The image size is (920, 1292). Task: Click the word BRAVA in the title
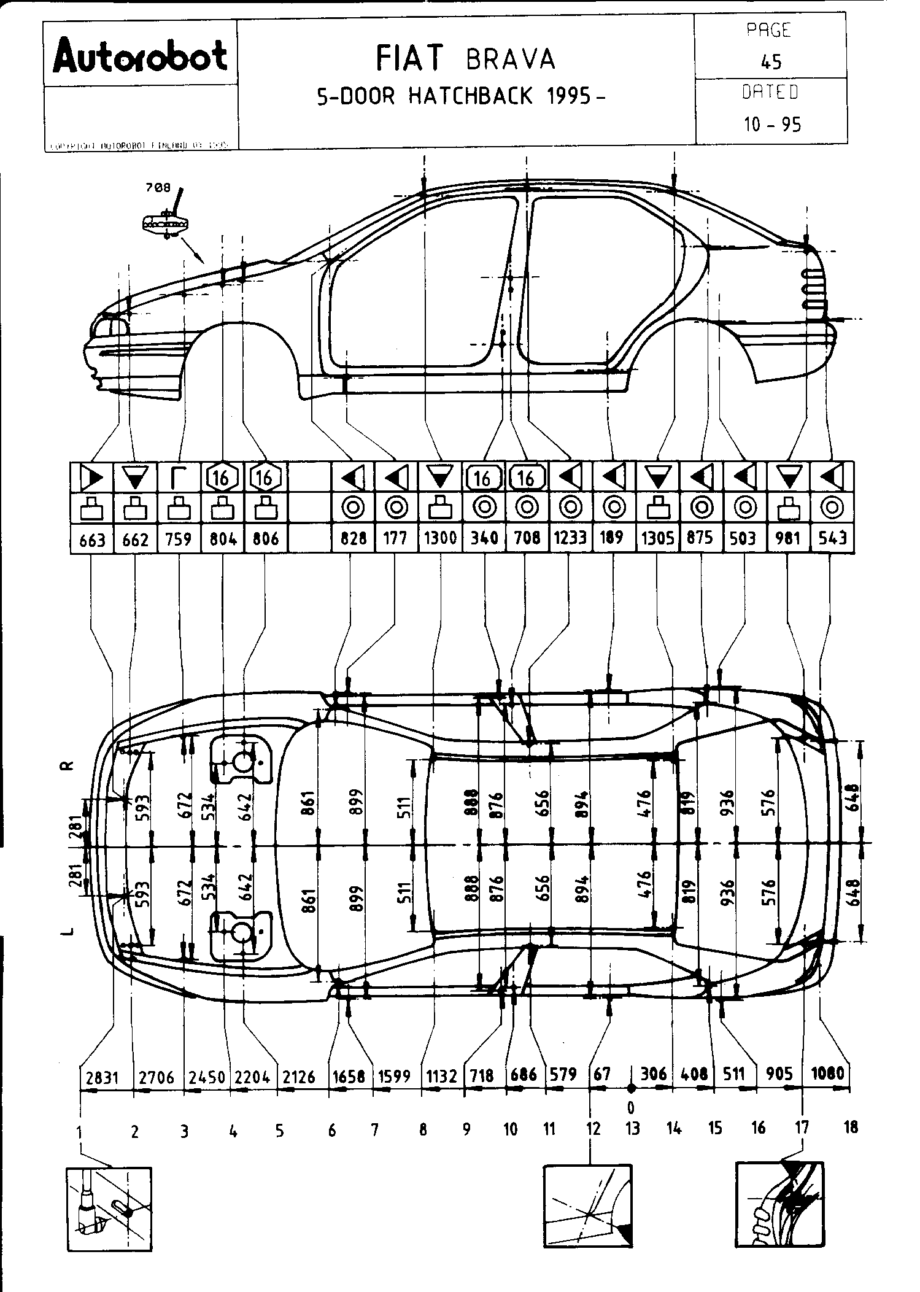510,60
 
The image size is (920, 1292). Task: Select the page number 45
770,61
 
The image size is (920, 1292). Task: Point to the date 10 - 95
772,125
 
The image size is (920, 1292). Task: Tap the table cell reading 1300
440,538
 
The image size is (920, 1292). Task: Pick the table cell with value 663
92,540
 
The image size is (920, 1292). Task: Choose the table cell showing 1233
570,538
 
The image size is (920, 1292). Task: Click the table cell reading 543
832,538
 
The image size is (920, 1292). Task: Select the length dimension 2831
102,1077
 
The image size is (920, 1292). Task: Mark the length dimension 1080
827,1074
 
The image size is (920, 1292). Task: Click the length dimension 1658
349,1076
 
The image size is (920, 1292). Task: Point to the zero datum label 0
630,1107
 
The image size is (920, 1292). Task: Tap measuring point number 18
851,1127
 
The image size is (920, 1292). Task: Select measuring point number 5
279,1131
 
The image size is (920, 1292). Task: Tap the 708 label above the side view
158,189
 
